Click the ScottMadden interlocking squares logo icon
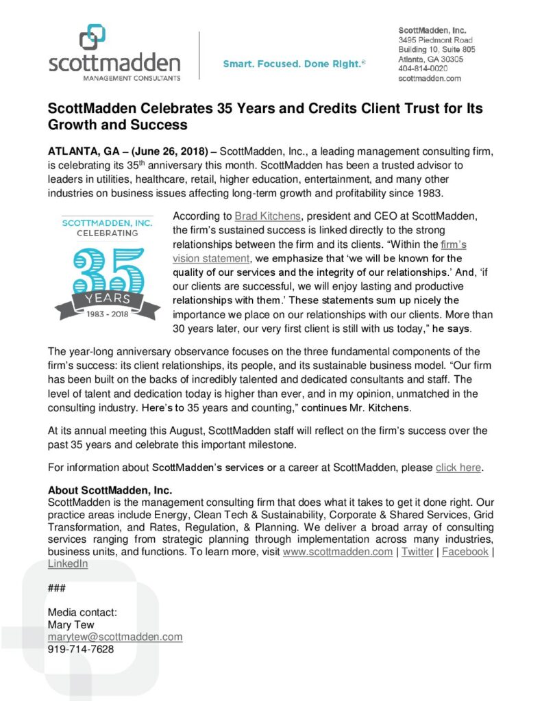pyautogui.click(x=93, y=37)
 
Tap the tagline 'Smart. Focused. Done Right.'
pyautogui.click(x=294, y=64)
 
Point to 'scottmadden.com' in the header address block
pyautogui.click(x=430, y=78)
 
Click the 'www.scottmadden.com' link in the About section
pyautogui.click(x=337, y=552)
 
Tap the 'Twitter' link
pyautogui.click(x=417, y=552)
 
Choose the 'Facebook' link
pyautogui.click(x=465, y=552)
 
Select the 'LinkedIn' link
pyautogui.click(x=68, y=563)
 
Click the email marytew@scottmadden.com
pyautogui.click(x=115, y=637)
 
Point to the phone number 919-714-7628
pyautogui.click(x=81, y=649)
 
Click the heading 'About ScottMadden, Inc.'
pyautogui.click(x=110, y=490)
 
